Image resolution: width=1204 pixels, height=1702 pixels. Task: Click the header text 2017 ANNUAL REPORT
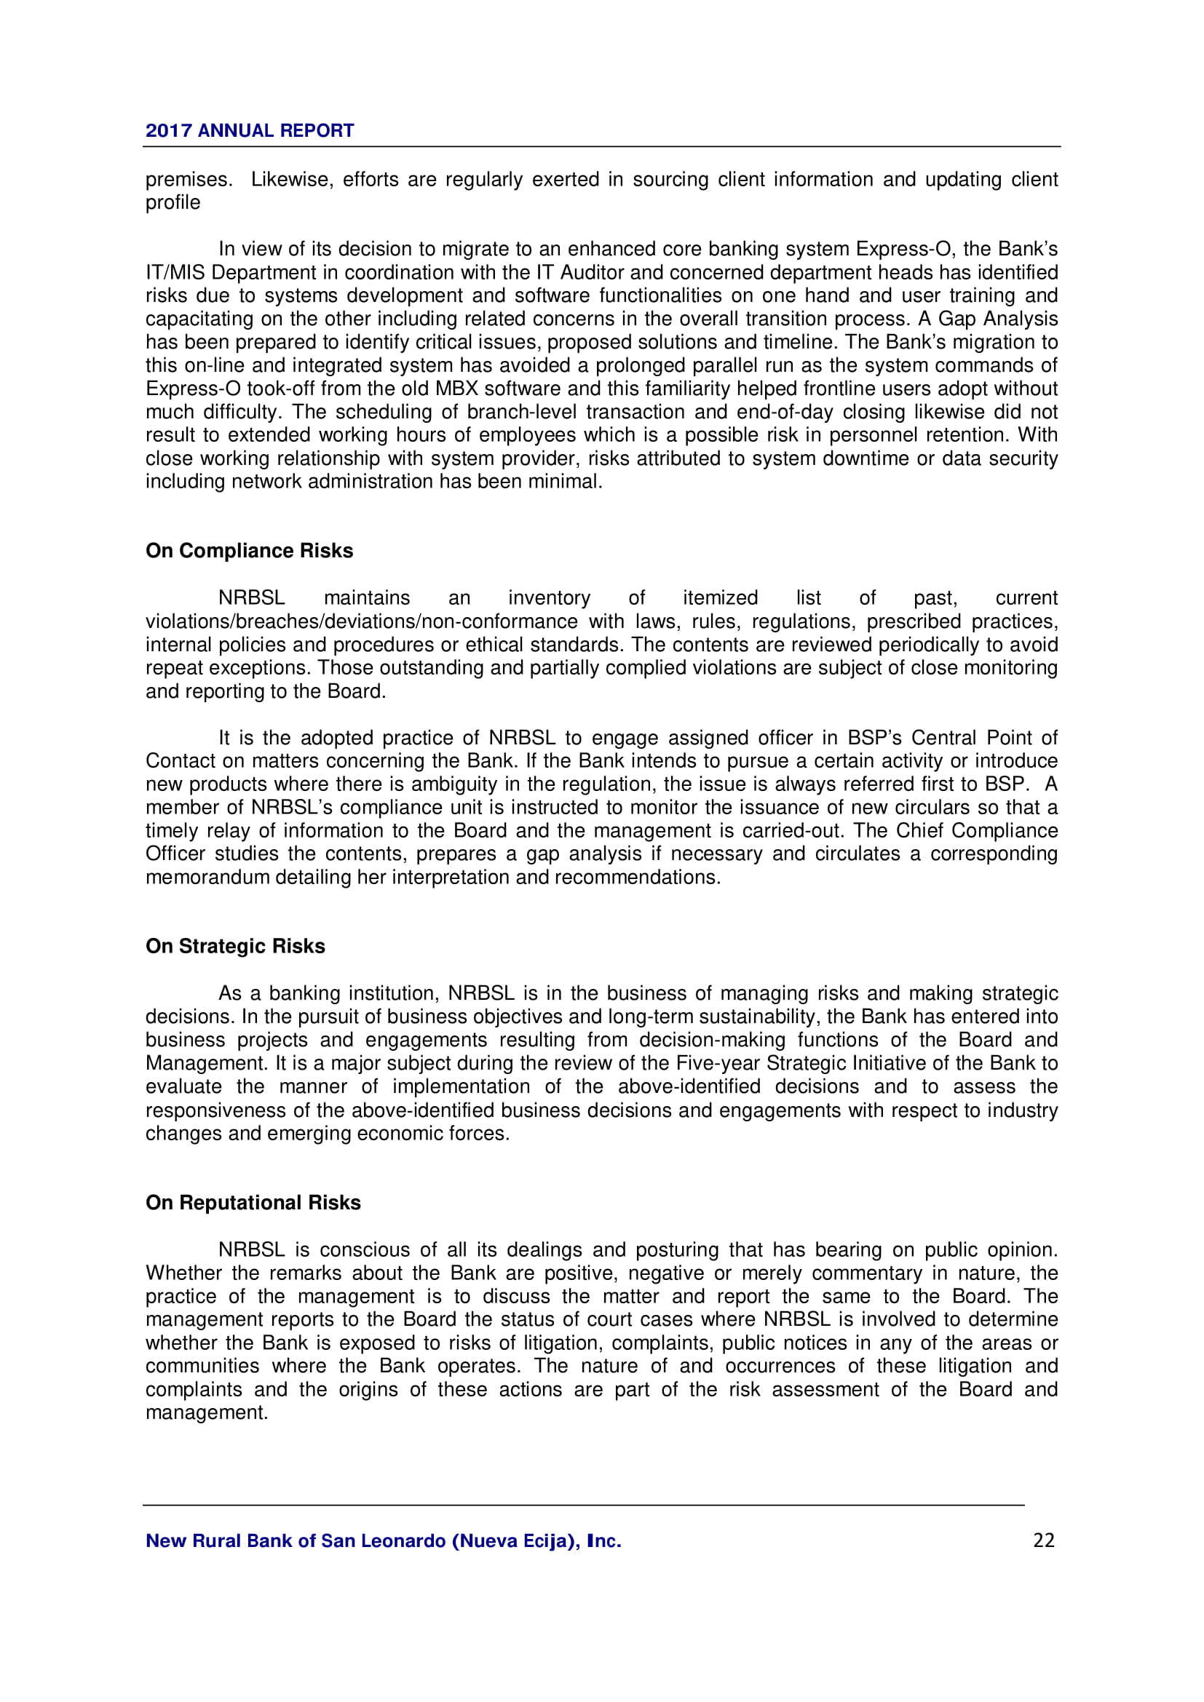point(249,130)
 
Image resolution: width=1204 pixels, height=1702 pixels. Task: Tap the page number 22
point(1043,1540)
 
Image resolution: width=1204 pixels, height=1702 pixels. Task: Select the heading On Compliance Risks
point(249,551)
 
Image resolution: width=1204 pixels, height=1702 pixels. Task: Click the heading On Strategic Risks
point(235,947)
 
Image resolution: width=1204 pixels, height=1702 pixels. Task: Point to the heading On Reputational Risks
point(253,1202)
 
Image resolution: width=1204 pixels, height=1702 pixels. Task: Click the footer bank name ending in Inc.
point(384,1541)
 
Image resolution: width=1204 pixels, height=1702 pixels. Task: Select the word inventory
point(549,597)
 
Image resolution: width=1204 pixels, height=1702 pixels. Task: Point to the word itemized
point(720,597)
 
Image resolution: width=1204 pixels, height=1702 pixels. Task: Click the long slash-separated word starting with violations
point(361,621)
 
